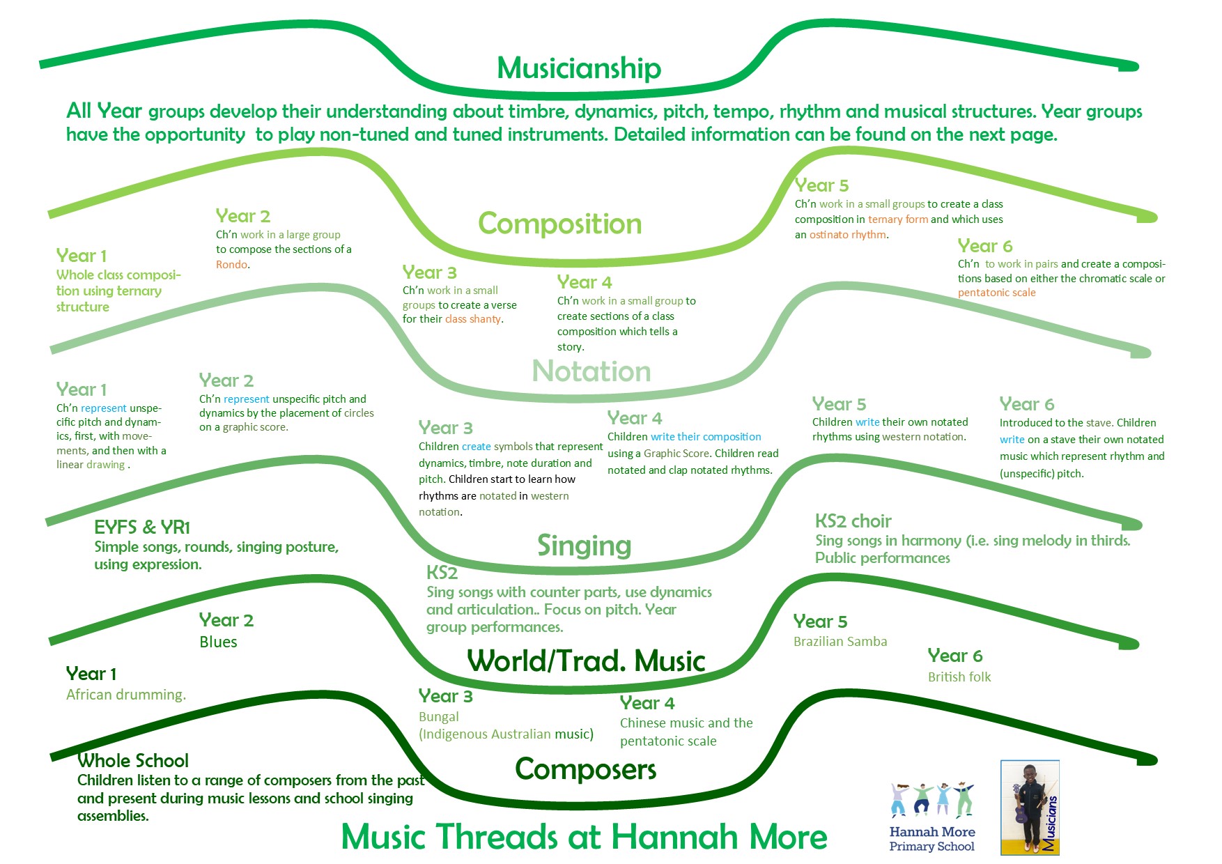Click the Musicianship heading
579,69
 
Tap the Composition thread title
560,224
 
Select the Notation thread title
591,371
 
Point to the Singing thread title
584,546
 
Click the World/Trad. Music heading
587,661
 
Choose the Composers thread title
585,770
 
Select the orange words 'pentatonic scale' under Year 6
996,293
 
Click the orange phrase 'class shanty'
474,319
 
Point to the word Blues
218,642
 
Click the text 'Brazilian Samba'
840,641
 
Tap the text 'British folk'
959,677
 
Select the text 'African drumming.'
126,695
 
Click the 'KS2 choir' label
853,521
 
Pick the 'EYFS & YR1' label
142,527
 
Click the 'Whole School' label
133,761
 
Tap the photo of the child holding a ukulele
1030,808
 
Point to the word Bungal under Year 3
439,717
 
